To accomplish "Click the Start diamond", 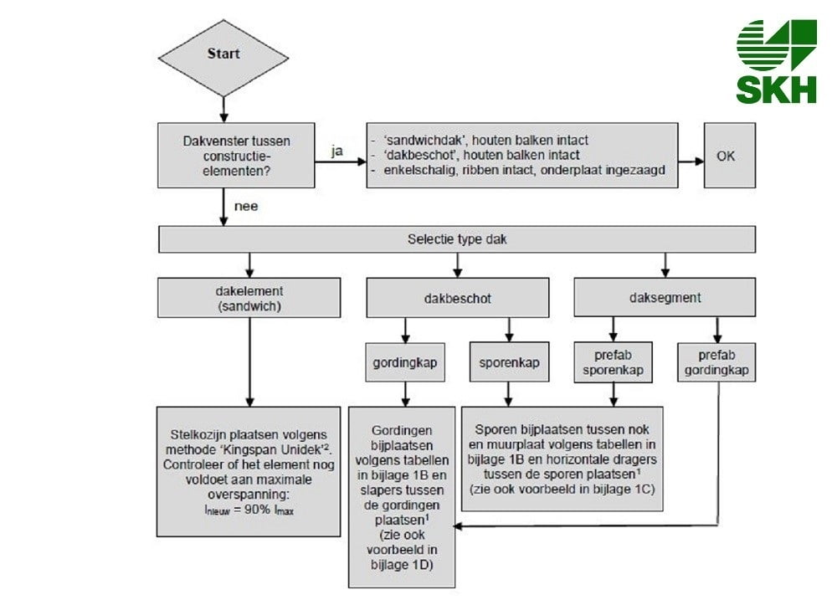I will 223,55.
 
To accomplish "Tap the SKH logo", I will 776,61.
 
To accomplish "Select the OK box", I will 729,156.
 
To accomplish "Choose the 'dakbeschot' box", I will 458,298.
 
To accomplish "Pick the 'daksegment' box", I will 665,297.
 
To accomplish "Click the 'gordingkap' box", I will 406,362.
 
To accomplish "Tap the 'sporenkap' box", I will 509,362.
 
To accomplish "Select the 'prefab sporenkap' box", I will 614,362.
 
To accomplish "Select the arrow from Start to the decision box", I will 223,107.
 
